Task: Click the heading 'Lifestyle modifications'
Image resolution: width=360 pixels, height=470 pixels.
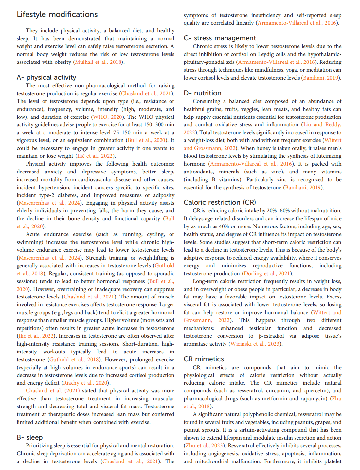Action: click(57, 15)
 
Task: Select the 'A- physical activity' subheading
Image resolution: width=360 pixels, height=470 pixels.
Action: click(46, 77)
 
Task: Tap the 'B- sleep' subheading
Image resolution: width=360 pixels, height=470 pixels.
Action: click(30, 437)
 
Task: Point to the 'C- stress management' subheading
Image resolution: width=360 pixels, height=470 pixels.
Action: click(220, 38)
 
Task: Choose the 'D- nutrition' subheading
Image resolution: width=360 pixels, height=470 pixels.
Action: click(203, 93)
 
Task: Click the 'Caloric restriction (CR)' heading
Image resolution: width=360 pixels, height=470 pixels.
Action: click(220, 202)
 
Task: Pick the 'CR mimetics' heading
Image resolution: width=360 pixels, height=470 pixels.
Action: click(204, 359)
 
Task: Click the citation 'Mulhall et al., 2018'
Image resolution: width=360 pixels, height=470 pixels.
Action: click(98, 62)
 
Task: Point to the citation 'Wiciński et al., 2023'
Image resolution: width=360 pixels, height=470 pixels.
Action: click(255, 344)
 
